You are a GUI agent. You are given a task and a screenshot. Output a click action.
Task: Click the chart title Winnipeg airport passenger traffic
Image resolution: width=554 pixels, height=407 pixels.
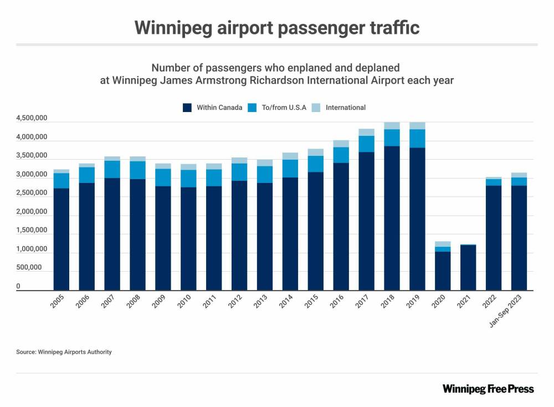point(276,28)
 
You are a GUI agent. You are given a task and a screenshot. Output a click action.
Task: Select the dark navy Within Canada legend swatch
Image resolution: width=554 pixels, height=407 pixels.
point(187,108)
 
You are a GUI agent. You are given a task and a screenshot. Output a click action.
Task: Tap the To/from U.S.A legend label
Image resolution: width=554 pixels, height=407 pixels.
point(284,108)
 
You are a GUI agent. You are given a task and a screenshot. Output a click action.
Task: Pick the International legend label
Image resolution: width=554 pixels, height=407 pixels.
point(345,108)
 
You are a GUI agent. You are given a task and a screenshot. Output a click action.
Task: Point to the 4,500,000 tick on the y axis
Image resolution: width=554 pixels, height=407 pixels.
point(32,118)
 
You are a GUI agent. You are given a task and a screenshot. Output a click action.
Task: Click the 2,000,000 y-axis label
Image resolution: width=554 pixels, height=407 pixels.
point(32,212)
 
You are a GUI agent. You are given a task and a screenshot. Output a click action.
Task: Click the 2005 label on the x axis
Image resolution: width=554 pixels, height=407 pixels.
point(57,302)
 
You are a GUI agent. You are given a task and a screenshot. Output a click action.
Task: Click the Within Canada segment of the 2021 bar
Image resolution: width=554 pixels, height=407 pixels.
point(468,267)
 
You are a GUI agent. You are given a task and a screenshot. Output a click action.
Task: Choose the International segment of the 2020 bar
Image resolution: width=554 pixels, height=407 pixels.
point(443,244)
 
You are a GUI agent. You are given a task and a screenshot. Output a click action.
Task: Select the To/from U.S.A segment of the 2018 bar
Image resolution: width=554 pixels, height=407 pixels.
point(392,138)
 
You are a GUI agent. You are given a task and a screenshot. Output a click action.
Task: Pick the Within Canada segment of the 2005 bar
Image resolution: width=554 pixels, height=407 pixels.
point(61,239)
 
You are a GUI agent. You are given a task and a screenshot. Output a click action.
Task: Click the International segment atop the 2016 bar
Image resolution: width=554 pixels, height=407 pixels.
point(341,144)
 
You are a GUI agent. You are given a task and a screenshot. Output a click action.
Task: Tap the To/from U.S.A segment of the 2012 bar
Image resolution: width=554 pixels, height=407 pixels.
point(239,172)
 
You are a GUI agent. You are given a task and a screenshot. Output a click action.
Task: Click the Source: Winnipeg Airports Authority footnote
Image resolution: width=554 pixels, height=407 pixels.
point(64,352)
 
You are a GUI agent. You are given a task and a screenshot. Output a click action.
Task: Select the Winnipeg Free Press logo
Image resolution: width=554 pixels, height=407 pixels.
point(488,389)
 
